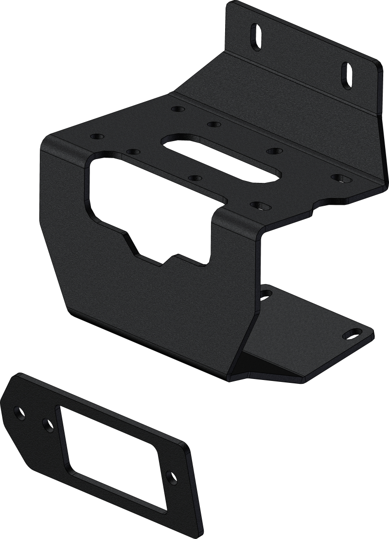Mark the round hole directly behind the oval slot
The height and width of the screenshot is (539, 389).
pyautogui.click(x=212, y=125)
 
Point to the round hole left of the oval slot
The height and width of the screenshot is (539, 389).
pyautogui.click(x=132, y=151)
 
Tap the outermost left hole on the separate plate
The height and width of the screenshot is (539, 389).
pyautogui.click(x=20, y=412)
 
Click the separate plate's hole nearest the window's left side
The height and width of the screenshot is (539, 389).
pyautogui.click(x=48, y=425)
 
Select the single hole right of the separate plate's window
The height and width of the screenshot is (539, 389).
pyautogui.click(x=172, y=477)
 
